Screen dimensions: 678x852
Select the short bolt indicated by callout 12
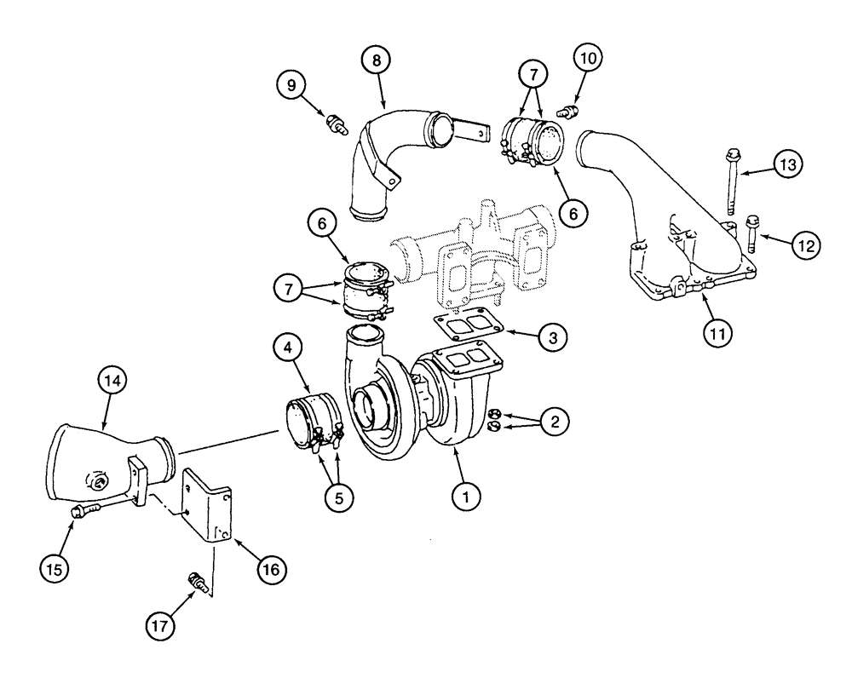(752, 228)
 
